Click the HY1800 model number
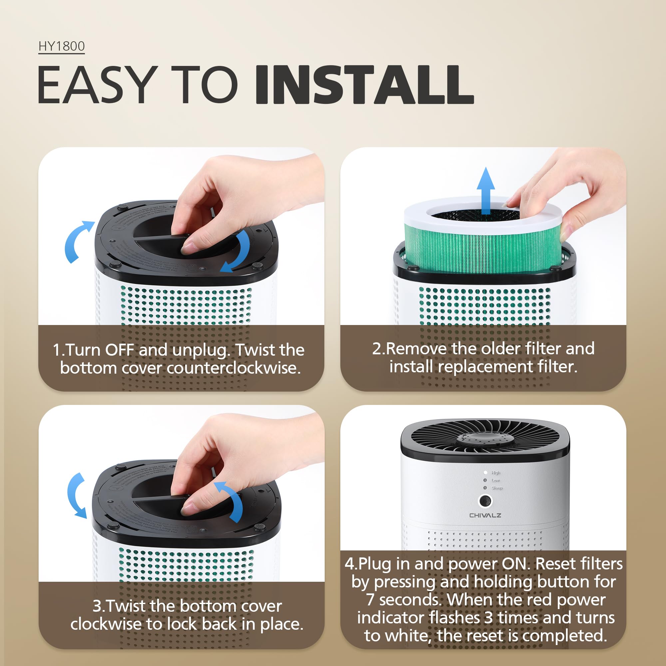coord(61,46)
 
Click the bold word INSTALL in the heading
coord(364,85)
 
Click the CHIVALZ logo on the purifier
coord(485,515)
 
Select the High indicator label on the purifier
coord(496,473)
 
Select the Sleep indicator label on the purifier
coord(497,488)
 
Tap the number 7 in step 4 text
coord(370,599)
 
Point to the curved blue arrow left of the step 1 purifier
coord(77,241)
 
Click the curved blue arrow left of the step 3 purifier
coord(77,495)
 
